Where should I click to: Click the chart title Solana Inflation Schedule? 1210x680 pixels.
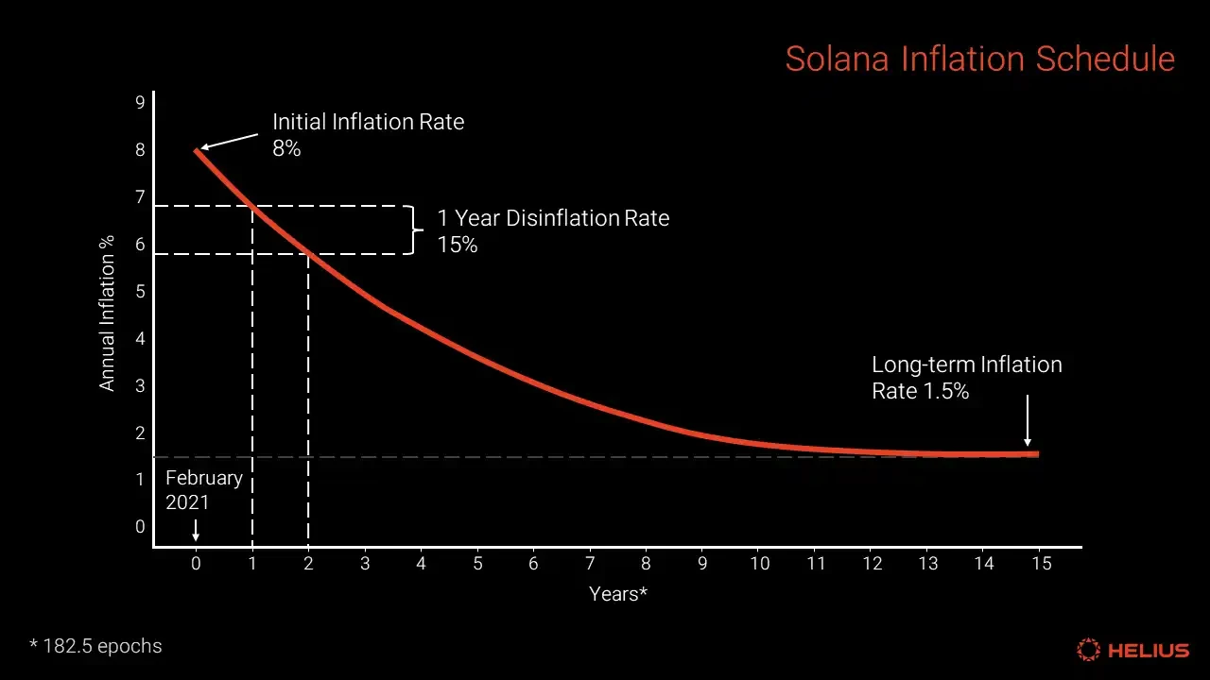(980, 59)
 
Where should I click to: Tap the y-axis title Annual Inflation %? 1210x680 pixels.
(107, 313)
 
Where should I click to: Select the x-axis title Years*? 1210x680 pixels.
(618, 594)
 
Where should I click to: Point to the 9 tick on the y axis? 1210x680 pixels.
(140, 102)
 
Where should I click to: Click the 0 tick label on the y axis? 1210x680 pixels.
(140, 527)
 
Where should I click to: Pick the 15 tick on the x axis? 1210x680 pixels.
(1040, 564)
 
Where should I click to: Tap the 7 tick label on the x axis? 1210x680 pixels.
(590, 564)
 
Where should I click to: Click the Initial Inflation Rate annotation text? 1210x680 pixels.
(368, 122)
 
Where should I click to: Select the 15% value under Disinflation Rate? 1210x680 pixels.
(458, 245)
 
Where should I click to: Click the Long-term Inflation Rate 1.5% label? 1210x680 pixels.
(966, 378)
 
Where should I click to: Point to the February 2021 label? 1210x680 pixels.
(204, 489)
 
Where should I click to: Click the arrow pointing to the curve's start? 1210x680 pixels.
(228, 141)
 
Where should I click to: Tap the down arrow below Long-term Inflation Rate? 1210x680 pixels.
(1028, 420)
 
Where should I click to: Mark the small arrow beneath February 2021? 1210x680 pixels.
(196, 529)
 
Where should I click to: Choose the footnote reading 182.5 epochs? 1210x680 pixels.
(96, 647)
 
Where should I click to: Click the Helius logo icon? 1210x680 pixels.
(1089, 650)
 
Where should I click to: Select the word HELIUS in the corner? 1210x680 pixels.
(1149, 650)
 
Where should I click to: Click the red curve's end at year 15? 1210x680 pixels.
(1036, 454)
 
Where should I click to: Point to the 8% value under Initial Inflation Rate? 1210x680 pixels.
(286, 148)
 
